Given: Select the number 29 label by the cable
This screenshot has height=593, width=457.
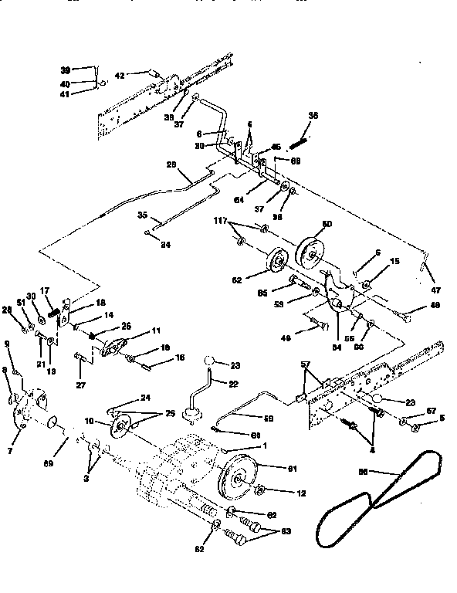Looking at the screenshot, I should [171, 165].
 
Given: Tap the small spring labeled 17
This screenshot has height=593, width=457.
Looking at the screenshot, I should [55, 313].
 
